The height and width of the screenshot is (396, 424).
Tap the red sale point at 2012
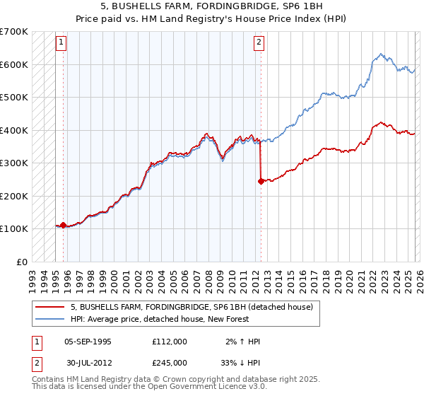(261, 181)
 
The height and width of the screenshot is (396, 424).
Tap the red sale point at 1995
(63, 225)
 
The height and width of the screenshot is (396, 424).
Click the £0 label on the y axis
(21, 262)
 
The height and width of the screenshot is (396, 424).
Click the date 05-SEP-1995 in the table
(88, 342)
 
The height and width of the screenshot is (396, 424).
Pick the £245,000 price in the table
(169, 361)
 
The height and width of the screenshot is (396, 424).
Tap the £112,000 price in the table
(169, 342)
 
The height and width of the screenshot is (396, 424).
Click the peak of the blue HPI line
(381, 54)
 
